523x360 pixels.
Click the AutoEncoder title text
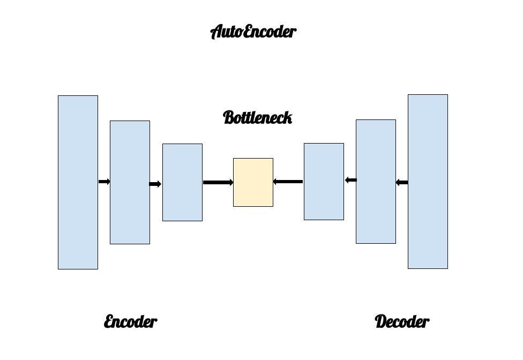click(x=253, y=32)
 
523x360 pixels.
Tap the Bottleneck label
click(x=257, y=117)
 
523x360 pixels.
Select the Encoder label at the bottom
click(x=130, y=322)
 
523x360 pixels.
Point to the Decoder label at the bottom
click(x=402, y=322)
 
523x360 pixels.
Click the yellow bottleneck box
click(x=253, y=182)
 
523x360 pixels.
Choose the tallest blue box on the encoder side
click(x=78, y=182)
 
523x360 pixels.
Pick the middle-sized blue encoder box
click(x=130, y=182)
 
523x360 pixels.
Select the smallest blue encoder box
click(x=182, y=182)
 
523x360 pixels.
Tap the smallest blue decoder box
click(x=324, y=182)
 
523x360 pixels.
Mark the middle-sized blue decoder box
click(x=376, y=182)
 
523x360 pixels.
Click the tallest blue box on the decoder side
click(x=428, y=182)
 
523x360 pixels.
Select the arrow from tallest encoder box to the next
click(x=104, y=182)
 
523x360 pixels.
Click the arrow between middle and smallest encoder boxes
click(x=155, y=184)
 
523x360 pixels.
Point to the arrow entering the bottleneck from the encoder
click(x=218, y=183)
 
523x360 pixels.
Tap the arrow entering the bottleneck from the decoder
click(x=288, y=182)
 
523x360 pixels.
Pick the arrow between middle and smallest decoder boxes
click(x=350, y=180)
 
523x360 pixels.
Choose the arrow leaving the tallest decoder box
click(x=402, y=183)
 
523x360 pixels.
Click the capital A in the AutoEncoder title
click(x=216, y=32)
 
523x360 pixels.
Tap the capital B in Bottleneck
click(x=229, y=117)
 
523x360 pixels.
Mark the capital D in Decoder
click(x=381, y=322)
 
